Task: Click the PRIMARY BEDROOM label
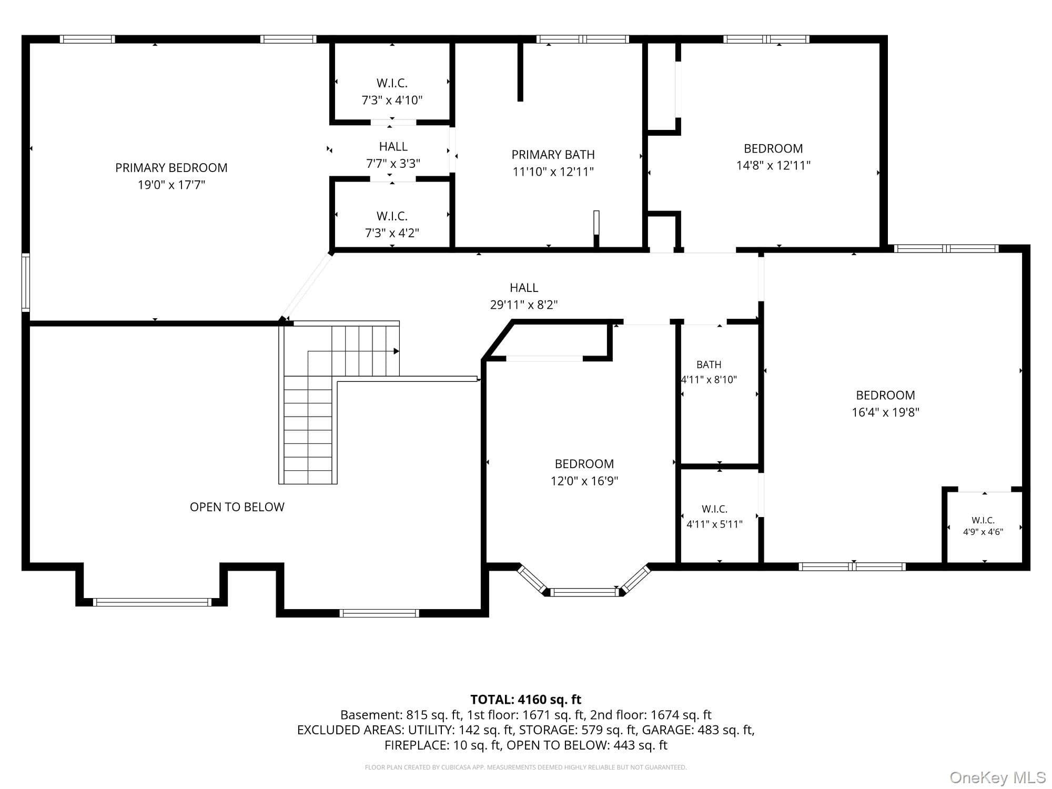(x=171, y=168)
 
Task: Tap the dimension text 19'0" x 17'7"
(x=171, y=185)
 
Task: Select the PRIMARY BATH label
(x=553, y=155)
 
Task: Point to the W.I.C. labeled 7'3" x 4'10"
(x=392, y=83)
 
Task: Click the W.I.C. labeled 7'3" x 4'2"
(x=392, y=216)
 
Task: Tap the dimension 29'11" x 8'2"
(x=524, y=305)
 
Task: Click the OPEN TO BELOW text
(x=237, y=507)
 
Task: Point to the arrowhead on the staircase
(x=397, y=351)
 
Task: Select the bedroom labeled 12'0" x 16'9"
(x=584, y=464)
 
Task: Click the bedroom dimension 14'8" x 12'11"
(x=773, y=165)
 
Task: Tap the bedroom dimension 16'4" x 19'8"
(x=886, y=412)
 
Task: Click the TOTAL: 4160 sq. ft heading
(x=526, y=700)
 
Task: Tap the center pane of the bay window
(x=584, y=592)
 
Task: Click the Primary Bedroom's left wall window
(x=25, y=282)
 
